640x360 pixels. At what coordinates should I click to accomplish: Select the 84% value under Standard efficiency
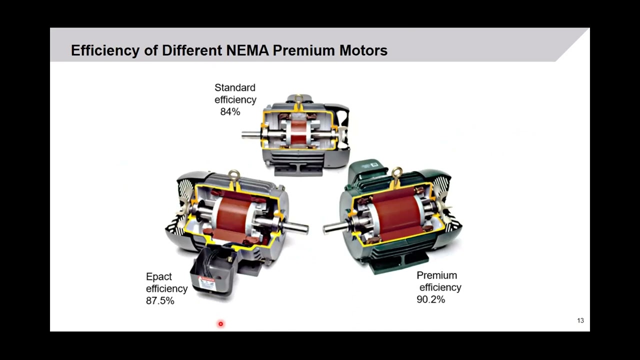(230, 112)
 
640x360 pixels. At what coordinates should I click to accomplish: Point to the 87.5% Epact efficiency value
(160, 301)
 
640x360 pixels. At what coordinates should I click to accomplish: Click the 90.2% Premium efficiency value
(430, 299)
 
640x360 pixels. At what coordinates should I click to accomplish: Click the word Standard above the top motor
(235, 88)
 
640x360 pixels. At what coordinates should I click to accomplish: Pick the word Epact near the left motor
(158, 276)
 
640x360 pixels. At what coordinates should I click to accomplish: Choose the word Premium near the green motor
(436, 275)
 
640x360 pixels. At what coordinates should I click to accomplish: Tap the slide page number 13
(580, 320)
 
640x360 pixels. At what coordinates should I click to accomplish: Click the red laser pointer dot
(220, 324)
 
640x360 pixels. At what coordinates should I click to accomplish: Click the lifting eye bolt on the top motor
(298, 98)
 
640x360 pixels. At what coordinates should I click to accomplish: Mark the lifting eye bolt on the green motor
(397, 173)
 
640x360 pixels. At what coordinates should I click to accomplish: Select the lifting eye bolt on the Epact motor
(233, 175)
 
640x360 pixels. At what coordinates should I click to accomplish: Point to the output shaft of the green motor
(336, 227)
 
